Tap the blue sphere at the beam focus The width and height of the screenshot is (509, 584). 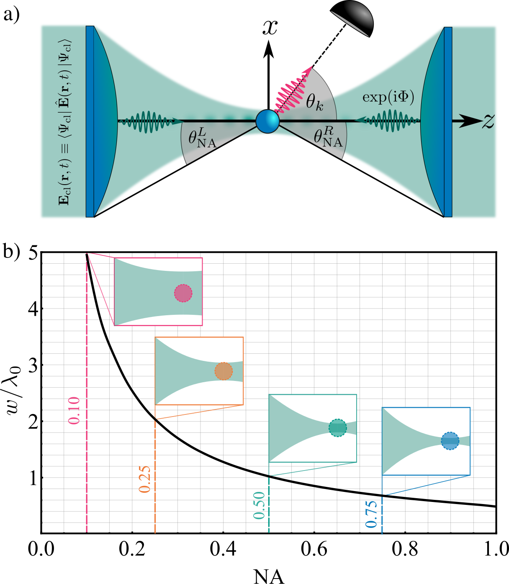(x=267, y=121)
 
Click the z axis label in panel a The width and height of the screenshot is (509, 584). (x=488, y=121)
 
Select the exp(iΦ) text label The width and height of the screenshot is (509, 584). (x=388, y=97)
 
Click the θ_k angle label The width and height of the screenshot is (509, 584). (x=314, y=102)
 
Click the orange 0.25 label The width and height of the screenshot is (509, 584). (x=144, y=479)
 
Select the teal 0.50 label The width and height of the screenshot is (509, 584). (x=259, y=505)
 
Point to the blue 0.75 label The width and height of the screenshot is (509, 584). (x=371, y=514)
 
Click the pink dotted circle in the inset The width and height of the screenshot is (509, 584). (x=183, y=293)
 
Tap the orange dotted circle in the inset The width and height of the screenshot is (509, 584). (x=224, y=371)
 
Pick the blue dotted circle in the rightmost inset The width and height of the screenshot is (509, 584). (x=450, y=441)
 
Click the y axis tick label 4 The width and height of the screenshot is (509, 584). (x=33, y=309)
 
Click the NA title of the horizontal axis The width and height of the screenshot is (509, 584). (x=269, y=576)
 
